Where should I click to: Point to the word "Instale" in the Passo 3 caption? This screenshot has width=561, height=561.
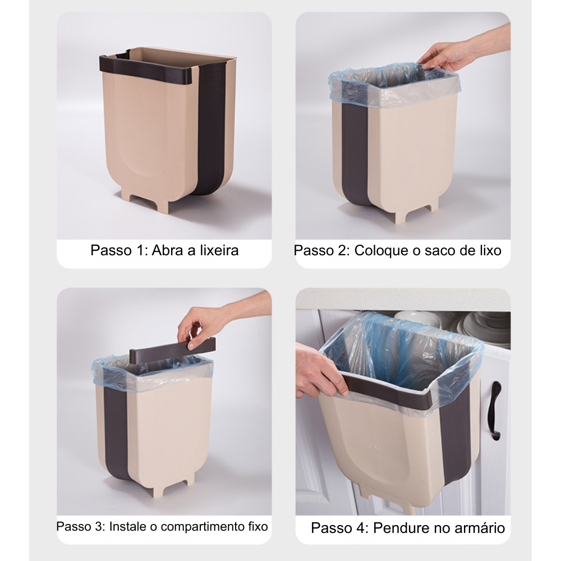[127, 527]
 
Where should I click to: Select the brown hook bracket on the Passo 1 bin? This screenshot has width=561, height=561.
[146, 63]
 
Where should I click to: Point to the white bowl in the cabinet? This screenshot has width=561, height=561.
[418, 318]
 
